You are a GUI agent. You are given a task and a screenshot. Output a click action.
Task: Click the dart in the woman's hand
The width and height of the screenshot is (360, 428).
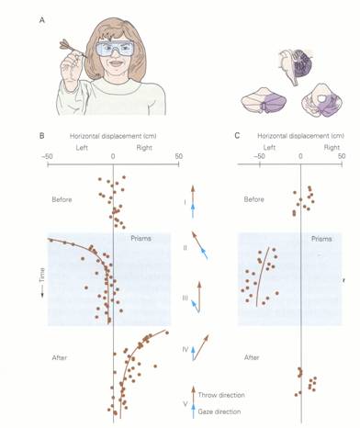pyautogui.click(x=73, y=49)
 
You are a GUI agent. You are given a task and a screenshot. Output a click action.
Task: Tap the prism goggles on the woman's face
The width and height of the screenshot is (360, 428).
pyautogui.click(x=115, y=49)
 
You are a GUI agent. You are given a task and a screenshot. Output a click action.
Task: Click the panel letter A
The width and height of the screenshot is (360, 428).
pyautogui.click(x=42, y=20)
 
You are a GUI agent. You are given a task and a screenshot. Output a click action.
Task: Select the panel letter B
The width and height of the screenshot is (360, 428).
pyautogui.click(x=41, y=136)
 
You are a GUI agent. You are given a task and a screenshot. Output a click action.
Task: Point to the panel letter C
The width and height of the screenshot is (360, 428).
pyautogui.click(x=237, y=136)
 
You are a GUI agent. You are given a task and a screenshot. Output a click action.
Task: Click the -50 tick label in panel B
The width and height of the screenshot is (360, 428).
pyautogui.click(x=47, y=156)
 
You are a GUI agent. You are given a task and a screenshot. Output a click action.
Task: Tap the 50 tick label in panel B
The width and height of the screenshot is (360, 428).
pyautogui.click(x=179, y=156)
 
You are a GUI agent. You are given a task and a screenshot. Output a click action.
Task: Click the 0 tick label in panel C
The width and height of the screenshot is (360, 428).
pyautogui.click(x=300, y=156)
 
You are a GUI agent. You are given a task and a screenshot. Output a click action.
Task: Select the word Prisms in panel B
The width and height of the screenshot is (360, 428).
pyautogui.click(x=141, y=239)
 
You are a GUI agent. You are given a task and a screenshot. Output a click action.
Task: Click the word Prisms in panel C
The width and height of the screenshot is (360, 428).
pyautogui.click(x=321, y=239)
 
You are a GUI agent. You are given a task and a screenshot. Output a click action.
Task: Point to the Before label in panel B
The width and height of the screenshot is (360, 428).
pyautogui.click(x=62, y=199)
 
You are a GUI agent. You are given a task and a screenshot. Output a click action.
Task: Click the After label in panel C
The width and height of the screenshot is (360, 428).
pyautogui.click(x=252, y=357)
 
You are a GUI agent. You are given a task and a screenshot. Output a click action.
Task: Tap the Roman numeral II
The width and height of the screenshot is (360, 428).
pyautogui.click(x=185, y=247)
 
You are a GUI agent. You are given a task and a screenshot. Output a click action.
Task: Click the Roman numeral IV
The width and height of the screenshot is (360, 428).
pyautogui.click(x=186, y=349)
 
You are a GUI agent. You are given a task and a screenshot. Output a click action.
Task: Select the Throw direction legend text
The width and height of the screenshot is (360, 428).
pyautogui.click(x=221, y=395)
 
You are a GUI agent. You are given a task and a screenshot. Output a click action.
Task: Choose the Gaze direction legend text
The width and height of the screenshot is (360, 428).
pyautogui.click(x=219, y=411)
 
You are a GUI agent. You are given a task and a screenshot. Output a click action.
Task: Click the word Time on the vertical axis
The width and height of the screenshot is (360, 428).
pyautogui.click(x=42, y=275)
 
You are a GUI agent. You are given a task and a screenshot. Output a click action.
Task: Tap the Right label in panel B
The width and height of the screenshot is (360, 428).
pyautogui.click(x=144, y=148)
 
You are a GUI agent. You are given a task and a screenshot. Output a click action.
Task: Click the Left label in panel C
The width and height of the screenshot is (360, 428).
pyautogui.click(x=269, y=148)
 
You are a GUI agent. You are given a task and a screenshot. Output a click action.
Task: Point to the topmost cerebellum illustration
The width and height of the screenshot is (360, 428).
pyautogui.click(x=295, y=66)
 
